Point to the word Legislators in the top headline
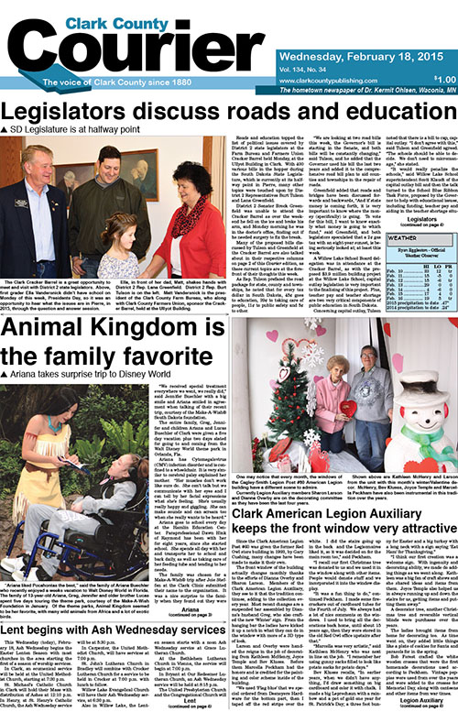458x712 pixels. [x=69, y=112]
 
